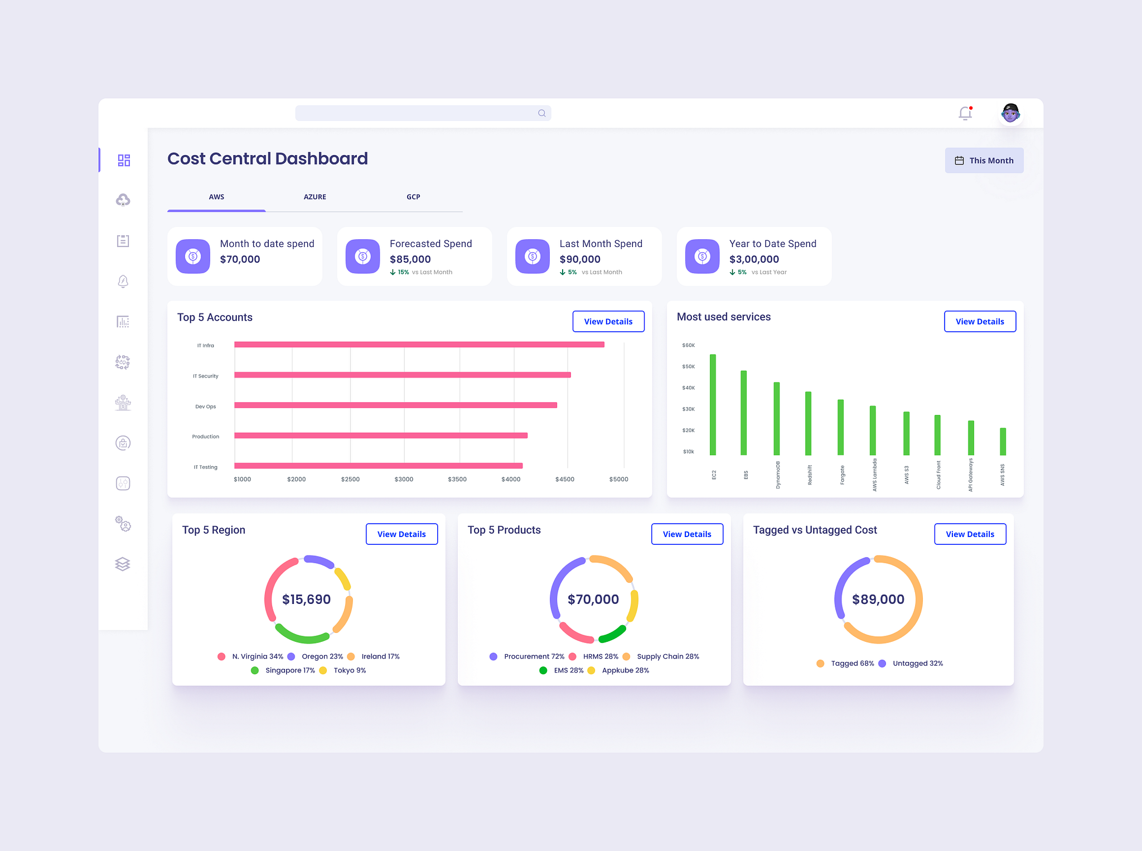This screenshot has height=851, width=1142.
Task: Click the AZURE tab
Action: pos(314,197)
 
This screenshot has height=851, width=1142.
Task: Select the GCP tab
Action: pos(413,197)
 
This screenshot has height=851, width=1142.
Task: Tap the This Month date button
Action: pos(984,161)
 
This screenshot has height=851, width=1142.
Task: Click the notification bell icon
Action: pos(965,113)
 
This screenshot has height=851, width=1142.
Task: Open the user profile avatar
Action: pos(1010,113)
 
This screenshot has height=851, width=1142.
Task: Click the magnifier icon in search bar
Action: pos(541,113)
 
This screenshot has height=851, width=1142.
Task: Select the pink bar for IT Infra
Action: pos(419,345)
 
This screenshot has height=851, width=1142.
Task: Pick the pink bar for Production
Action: pos(380,436)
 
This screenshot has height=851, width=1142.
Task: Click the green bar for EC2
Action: pos(713,404)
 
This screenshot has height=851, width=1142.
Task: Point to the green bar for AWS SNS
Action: pos(1003,442)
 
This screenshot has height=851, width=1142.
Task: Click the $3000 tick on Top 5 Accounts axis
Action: pos(404,480)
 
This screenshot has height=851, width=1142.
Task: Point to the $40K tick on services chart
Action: pos(688,388)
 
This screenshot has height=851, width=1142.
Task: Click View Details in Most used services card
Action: pos(979,322)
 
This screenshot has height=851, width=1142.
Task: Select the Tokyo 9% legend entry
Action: pos(349,670)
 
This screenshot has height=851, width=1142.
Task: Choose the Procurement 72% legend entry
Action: pos(534,656)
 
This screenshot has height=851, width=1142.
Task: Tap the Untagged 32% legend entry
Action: pos(917,664)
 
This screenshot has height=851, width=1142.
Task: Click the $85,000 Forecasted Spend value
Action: pos(410,259)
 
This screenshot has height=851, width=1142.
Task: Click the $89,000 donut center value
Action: pos(878,599)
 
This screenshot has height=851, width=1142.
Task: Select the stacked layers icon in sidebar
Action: pos(123,564)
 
